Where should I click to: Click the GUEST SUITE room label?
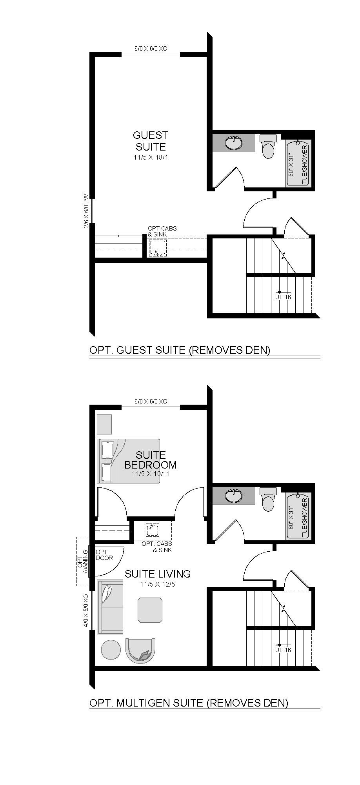pos(150,141)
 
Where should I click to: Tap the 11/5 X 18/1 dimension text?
pos(150,158)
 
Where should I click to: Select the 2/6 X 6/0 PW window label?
pos(86,211)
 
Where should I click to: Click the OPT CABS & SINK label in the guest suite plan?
pos(157,231)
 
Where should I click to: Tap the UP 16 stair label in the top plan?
pos(283,297)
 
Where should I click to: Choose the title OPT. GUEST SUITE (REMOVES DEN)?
pos(180,350)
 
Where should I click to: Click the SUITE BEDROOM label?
pos(151,460)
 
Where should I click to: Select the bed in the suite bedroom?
pos(129,461)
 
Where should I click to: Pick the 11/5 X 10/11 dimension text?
pos(151,474)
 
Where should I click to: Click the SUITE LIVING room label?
pos(158,574)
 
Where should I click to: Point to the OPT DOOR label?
pos(104,555)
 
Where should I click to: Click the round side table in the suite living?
pos(111,650)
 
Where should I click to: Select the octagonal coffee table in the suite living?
pos(150,610)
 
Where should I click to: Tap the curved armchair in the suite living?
pos(140,651)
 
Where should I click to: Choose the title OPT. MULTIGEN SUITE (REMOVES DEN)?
pos(189,703)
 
